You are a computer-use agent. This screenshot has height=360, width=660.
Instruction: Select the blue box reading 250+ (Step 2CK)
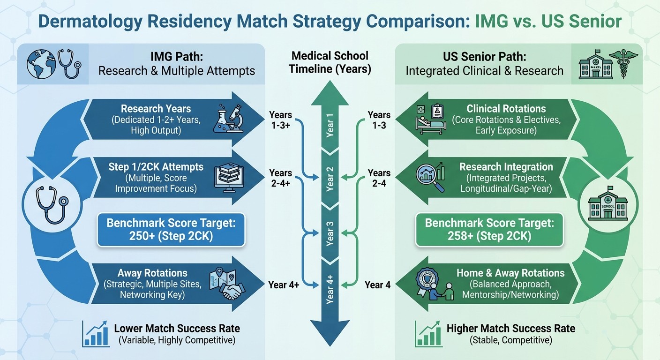click(171, 229)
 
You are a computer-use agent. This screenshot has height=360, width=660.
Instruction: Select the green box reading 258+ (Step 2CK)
click(489, 229)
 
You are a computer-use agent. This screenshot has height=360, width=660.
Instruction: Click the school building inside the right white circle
click(607, 203)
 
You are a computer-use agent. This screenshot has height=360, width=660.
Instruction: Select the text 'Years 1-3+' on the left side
click(280, 120)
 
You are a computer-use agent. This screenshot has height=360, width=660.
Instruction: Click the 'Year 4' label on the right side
click(377, 285)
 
